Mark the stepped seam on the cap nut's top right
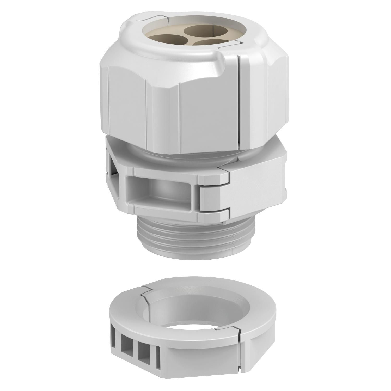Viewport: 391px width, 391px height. pos(229,45)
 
